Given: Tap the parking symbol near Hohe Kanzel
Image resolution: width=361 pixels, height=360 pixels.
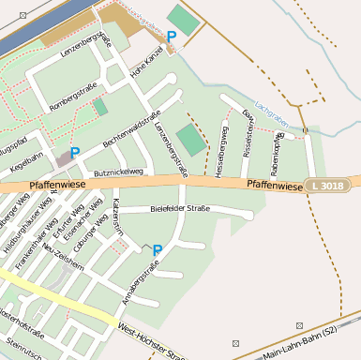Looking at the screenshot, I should click(x=171, y=37).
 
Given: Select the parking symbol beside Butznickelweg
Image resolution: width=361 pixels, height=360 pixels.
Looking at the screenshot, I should click(x=74, y=153).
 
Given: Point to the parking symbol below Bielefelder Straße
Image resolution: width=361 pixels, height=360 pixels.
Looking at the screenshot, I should click(x=157, y=250).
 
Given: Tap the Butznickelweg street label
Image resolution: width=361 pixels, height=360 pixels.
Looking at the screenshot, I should click(x=118, y=173).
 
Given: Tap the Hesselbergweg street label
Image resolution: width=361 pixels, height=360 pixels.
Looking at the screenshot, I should click(x=221, y=150).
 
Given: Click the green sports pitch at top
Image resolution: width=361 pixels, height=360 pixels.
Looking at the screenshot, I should click(x=183, y=19).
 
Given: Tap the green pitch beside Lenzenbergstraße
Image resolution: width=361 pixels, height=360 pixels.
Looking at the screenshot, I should click(x=191, y=141).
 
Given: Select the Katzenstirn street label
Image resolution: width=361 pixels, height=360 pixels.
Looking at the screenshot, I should click(x=117, y=216).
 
